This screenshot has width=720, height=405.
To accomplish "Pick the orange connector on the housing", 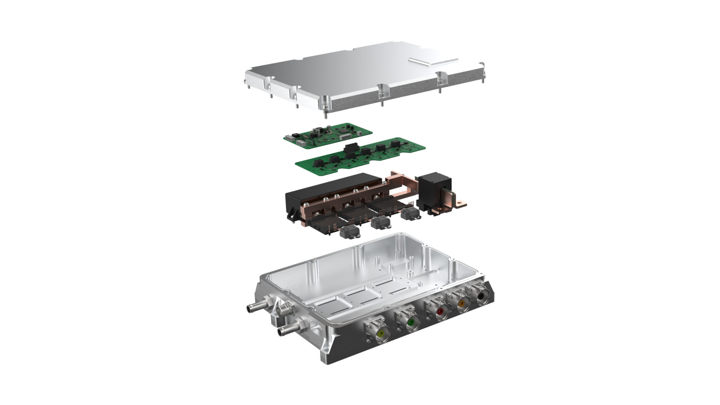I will point(461,302).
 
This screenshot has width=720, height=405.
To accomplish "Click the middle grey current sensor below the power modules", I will point(380,223).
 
